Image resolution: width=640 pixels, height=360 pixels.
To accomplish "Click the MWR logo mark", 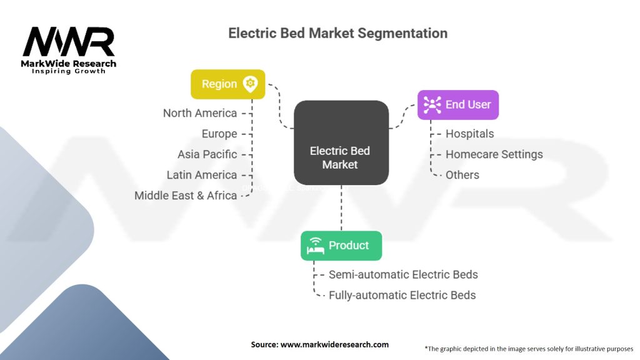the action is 69,42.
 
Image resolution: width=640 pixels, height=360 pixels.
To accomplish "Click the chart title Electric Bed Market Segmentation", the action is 337,33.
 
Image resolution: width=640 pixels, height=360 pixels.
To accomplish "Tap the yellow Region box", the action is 227,84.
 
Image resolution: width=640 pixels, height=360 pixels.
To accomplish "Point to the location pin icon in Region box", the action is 250,84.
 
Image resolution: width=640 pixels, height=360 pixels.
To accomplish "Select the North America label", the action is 200,113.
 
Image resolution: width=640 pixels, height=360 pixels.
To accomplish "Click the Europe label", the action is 219,134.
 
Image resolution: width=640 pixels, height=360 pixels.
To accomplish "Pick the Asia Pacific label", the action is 207,154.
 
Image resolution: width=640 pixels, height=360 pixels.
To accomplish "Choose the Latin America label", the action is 202,175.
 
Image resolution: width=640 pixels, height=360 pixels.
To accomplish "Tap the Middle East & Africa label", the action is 186,196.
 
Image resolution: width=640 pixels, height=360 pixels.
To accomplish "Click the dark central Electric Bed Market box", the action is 341,143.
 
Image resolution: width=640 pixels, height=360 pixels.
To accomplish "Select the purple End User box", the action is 458,105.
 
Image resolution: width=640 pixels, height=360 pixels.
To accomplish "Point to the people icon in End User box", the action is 432,105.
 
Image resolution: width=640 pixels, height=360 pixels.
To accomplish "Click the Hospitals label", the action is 470,134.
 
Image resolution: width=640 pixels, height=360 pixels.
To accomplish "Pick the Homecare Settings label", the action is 494,154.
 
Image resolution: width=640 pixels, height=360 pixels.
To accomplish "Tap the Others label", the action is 462,175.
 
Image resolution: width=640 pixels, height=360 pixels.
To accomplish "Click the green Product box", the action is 341,246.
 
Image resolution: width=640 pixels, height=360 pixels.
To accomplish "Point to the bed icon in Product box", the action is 316,246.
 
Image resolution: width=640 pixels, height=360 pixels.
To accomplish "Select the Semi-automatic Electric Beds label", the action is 403,275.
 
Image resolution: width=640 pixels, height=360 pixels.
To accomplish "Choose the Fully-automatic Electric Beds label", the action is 402,295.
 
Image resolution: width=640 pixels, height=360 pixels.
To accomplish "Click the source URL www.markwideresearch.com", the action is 335,344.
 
